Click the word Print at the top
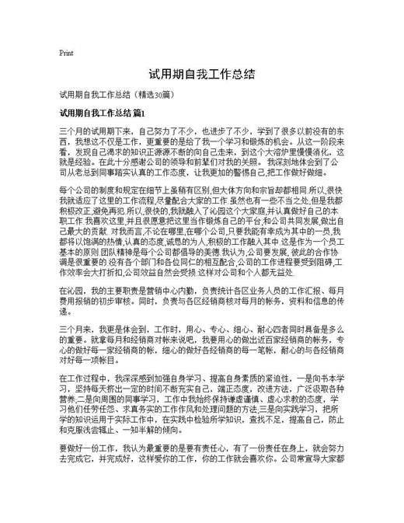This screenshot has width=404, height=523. click(x=66, y=54)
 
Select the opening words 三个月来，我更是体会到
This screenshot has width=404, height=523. click(x=106, y=328)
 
